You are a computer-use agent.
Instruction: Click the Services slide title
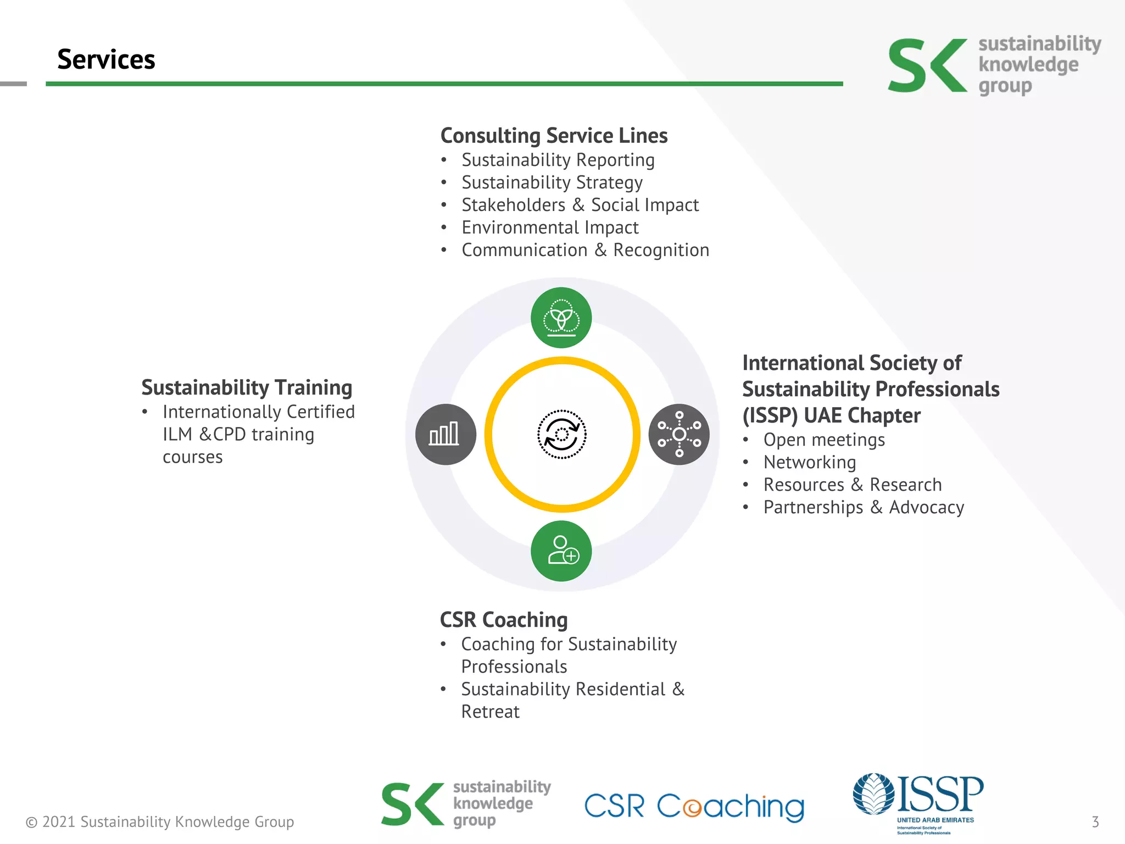106,59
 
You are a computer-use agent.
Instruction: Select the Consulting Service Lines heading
554,136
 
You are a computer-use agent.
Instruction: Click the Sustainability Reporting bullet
558,160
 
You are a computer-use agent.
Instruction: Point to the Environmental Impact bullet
550,227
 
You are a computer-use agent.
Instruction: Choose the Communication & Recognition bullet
585,250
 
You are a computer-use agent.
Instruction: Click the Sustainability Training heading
247,387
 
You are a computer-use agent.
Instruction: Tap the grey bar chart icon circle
445,434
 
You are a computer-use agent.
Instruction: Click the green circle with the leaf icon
561,318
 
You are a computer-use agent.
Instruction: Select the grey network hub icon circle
679,434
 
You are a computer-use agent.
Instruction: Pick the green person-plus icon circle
561,551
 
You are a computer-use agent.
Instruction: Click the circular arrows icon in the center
561,434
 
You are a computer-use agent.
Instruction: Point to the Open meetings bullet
824,440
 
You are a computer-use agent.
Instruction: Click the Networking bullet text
810,463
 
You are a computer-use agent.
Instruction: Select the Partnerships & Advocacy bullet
864,508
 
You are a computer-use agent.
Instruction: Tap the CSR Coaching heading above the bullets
504,620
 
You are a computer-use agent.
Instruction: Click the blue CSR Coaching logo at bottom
694,807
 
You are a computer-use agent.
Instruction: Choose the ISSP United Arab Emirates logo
919,802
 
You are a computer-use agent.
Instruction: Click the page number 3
1095,822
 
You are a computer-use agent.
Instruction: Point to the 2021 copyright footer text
160,822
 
